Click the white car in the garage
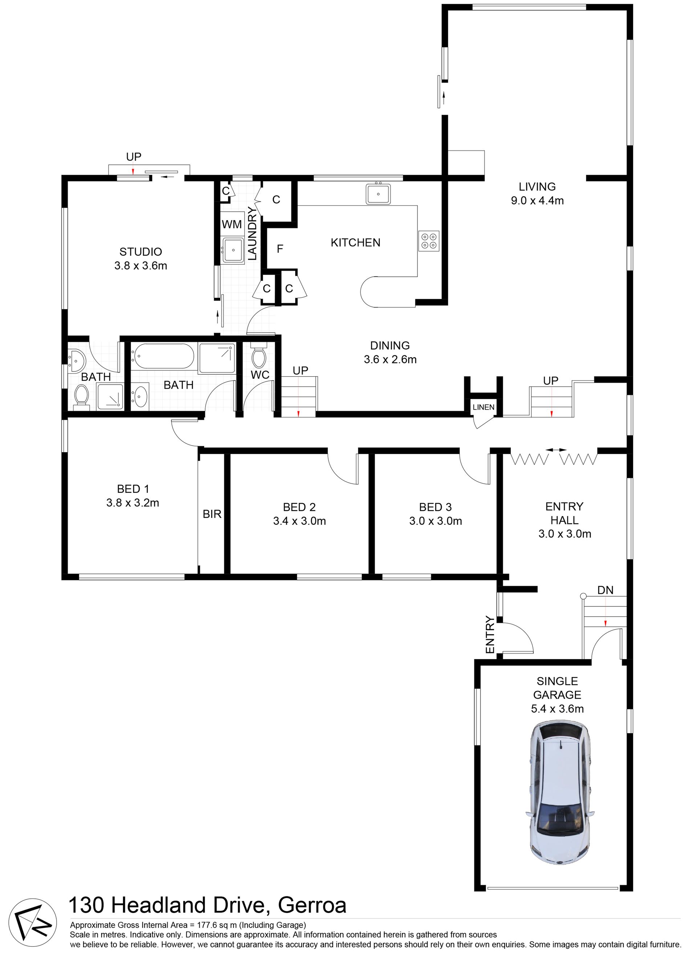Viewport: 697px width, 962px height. tap(560, 793)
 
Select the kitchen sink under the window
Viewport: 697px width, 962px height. tap(378, 194)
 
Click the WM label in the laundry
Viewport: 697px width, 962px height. tap(232, 224)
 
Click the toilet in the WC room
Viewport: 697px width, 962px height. tap(258, 356)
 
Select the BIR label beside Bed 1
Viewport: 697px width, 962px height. tap(212, 514)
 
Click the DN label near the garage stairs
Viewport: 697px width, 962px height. tap(606, 590)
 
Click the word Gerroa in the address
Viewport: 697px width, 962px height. tap(312, 904)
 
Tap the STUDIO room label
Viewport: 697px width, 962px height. tap(141, 252)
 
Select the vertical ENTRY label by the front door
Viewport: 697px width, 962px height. tap(490, 634)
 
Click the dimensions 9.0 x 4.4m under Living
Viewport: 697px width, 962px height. tap(537, 200)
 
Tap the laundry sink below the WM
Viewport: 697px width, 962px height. tap(233, 250)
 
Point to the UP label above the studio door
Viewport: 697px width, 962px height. tap(134, 157)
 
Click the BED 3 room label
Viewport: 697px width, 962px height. tap(435, 507)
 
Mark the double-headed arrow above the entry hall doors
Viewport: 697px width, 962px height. tap(556, 450)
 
